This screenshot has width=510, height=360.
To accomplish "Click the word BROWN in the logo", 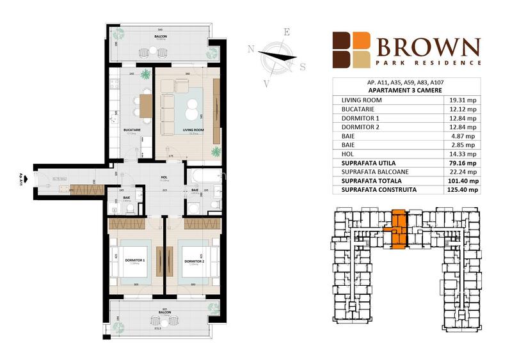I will coord(427,47).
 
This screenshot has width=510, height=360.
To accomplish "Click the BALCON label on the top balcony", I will coord(161,37).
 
